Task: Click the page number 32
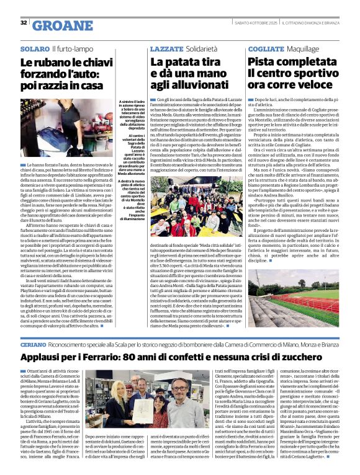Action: pyautogui.click(x=24, y=23)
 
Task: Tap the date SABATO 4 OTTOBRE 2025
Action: pyautogui.click(x=254, y=23)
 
